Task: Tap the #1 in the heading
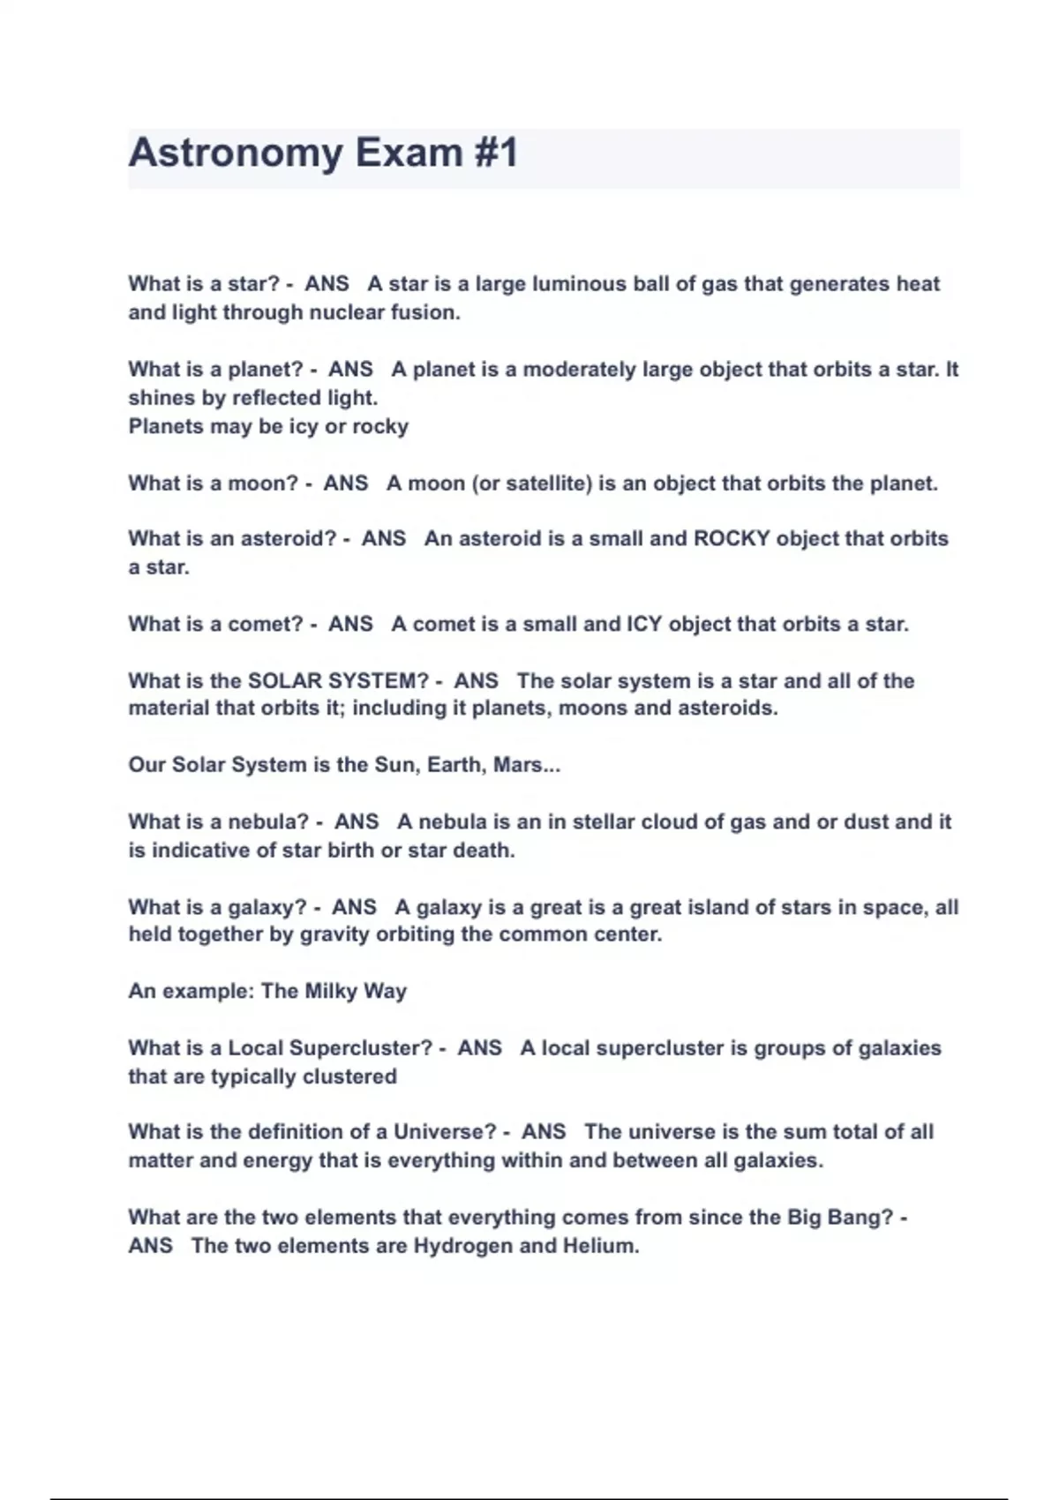495,154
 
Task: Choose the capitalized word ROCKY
732,539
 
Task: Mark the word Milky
330,992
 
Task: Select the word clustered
349,1076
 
